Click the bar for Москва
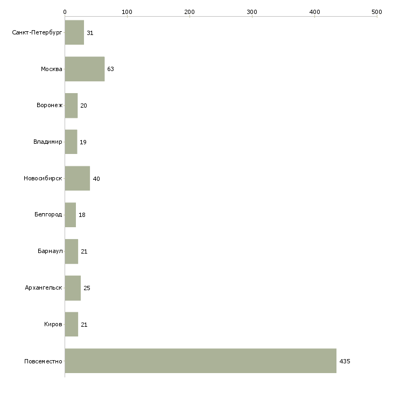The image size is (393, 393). pyautogui.click(x=85, y=69)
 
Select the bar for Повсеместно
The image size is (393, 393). pyautogui.click(x=200, y=361)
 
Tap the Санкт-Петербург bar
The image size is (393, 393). pyautogui.click(x=74, y=32)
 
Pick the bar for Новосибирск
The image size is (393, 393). pyautogui.click(x=78, y=178)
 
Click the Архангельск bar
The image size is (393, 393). pyautogui.click(x=73, y=288)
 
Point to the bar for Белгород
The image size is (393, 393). pyautogui.click(x=71, y=215)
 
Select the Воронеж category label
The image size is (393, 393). pyautogui.click(x=50, y=106)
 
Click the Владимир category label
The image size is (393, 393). pyautogui.click(x=47, y=142)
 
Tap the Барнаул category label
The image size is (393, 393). pyautogui.click(x=50, y=251)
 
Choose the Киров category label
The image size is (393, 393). pyautogui.click(x=53, y=324)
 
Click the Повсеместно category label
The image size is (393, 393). pyautogui.click(x=43, y=361)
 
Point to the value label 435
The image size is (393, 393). pyautogui.click(x=345, y=361)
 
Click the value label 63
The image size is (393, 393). pyautogui.click(x=110, y=69)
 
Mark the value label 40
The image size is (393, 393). pyautogui.click(x=96, y=179)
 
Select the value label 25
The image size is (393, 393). pyautogui.click(x=87, y=288)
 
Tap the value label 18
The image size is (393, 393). pyautogui.click(x=82, y=215)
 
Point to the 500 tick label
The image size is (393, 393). pyautogui.click(x=377, y=12)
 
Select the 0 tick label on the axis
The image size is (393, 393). pyautogui.click(x=65, y=12)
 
